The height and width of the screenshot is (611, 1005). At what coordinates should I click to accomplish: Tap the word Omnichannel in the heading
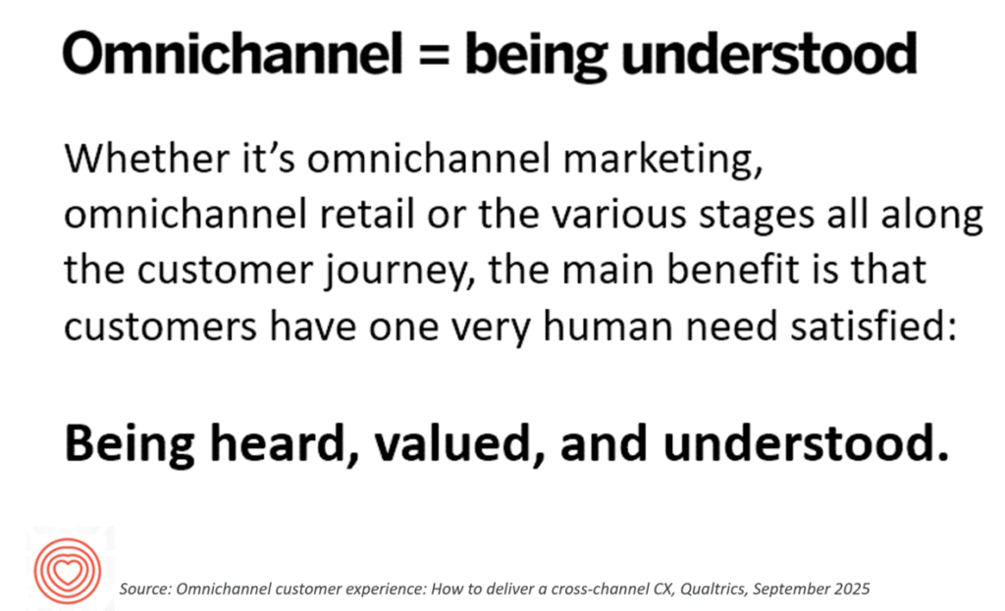point(233,53)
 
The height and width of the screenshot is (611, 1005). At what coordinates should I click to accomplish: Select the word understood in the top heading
point(769,53)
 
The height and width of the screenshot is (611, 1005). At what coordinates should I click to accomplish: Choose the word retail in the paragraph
point(367,214)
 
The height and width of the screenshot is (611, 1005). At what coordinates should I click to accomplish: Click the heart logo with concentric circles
point(68,570)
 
